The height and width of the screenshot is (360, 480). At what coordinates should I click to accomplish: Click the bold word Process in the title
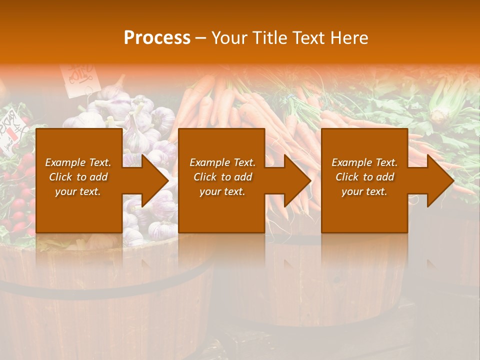[157, 38]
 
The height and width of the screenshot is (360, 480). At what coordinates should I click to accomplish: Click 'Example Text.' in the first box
[78, 162]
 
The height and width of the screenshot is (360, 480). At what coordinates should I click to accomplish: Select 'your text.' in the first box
[78, 191]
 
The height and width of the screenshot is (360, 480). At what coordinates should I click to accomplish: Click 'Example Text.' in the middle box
[222, 162]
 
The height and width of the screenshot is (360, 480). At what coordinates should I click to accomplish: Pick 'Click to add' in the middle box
[222, 177]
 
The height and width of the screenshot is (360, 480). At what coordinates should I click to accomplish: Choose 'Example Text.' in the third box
[364, 162]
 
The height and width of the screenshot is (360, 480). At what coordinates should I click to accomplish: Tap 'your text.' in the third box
[364, 191]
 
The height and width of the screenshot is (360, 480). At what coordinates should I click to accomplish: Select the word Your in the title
[228, 38]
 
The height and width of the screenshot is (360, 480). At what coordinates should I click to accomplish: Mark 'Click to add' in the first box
[78, 177]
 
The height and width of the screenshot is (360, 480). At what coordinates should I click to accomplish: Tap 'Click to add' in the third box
[364, 177]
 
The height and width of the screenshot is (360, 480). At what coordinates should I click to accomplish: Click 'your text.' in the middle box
[222, 191]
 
